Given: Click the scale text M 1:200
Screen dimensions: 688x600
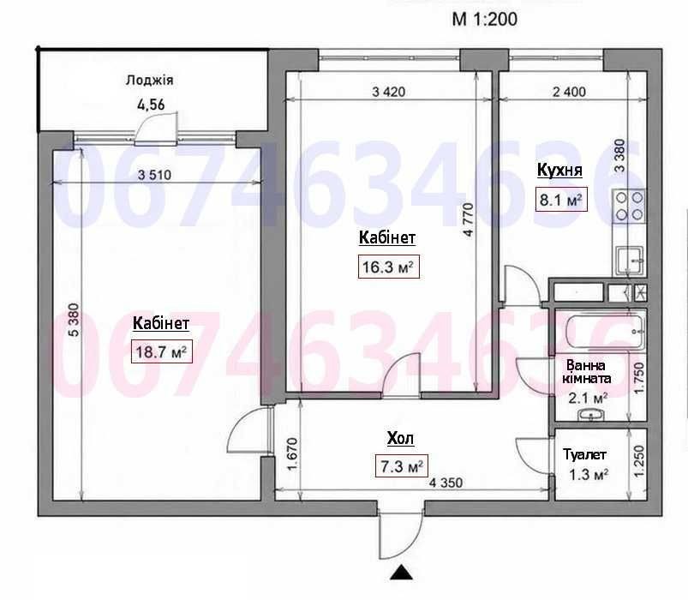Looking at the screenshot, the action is tap(485, 20).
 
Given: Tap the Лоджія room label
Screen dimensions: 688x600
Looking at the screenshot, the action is tap(150, 81).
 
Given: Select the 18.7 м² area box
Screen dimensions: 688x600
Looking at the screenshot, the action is tap(161, 352).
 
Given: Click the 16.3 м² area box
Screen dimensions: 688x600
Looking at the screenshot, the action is tap(388, 267).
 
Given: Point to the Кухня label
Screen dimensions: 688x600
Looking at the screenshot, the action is tap(559, 171).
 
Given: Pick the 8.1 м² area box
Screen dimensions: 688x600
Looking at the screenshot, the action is tap(560, 201).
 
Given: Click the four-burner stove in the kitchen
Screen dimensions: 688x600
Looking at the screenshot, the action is tap(629, 206).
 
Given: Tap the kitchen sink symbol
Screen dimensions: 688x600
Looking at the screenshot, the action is tap(630, 261).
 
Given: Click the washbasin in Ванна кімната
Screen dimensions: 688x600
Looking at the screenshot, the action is tap(591, 414).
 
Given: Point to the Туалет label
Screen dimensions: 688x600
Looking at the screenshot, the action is tap(584, 455).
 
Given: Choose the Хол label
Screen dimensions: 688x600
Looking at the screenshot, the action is tap(400, 439).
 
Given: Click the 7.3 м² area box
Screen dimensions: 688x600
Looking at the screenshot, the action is tap(402, 466).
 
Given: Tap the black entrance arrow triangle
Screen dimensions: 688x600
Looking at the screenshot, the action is tap(402, 572).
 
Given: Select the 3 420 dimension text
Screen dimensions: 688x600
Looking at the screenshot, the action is tap(388, 93).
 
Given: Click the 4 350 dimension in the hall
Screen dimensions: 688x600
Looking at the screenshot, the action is tap(446, 483).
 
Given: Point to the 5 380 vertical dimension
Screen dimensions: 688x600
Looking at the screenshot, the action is tap(75, 320).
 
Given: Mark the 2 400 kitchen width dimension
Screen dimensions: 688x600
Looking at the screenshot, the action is tap(569, 92).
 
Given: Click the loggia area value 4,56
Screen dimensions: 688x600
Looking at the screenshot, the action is tap(151, 105).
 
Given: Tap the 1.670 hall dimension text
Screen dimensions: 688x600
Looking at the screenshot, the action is tap(292, 453).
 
